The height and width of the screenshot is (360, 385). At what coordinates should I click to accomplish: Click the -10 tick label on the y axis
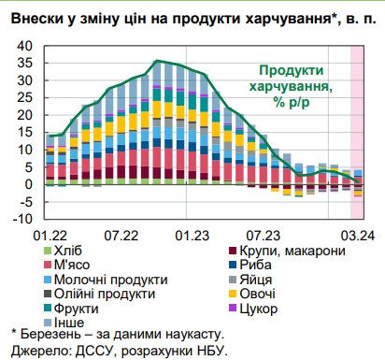click(x=25, y=219)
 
